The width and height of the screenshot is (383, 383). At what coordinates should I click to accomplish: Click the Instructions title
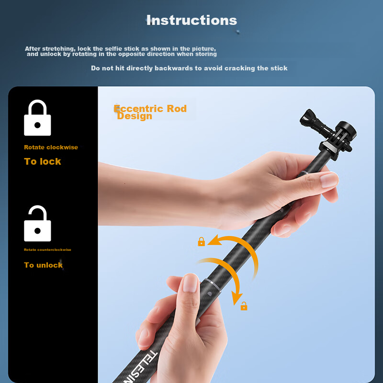(x=191, y=20)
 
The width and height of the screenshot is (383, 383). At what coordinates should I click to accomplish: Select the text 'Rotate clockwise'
(x=51, y=147)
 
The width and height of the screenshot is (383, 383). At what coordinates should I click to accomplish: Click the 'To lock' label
(x=43, y=161)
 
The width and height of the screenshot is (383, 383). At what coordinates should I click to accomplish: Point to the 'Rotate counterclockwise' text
(x=47, y=250)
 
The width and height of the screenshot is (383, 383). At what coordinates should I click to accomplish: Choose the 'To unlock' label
(x=43, y=265)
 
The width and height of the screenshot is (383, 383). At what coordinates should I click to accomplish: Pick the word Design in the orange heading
(x=135, y=116)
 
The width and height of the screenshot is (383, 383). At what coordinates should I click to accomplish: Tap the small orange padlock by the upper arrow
(x=201, y=242)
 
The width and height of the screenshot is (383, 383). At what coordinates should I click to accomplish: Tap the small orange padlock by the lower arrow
(x=244, y=306)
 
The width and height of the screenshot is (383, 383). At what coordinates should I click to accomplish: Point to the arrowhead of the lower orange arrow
(x=236, y=300)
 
